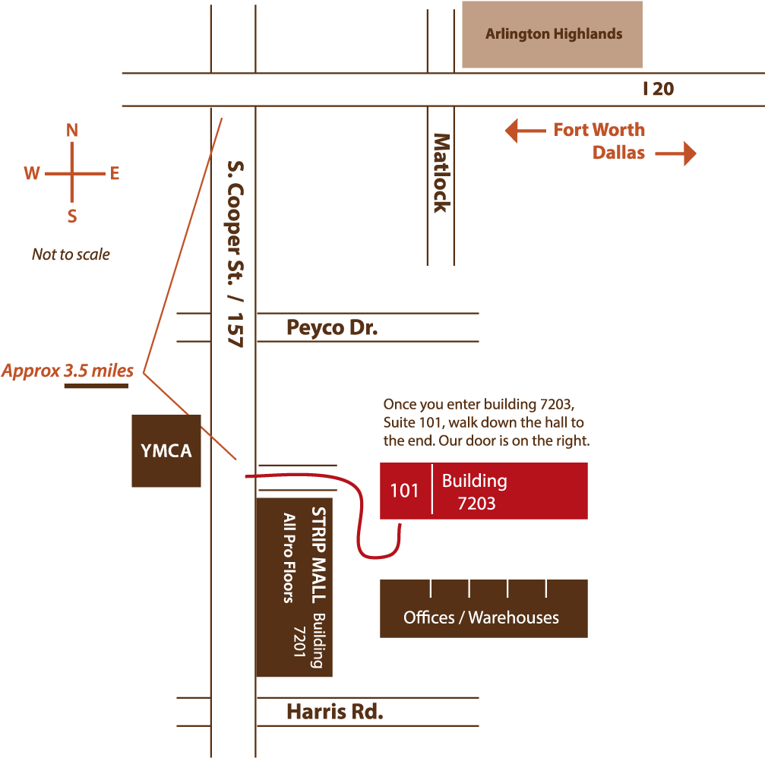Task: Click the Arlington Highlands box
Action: [x=552, y=34]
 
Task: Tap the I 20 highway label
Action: [x=658, y=89]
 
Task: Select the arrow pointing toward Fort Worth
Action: [x=525, y=131]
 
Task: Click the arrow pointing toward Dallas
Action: [x=675, y=153]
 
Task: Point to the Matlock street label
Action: [x=441, y=173]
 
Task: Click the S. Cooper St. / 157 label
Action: [x=236, y=254]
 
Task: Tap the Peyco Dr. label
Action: [x=332, y=327]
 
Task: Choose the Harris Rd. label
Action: [x=335, y=712]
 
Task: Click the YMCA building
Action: [x=166, y=450]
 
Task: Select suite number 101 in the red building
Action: [x=404, y=491]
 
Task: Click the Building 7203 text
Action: [x=475, y=491]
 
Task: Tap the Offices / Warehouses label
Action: [x=481, y=617]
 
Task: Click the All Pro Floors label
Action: [x=289, y=558]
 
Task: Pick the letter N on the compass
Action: [x=72, y=130]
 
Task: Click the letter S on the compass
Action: [x=72, y=216]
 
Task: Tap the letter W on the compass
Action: [x=32, y=173]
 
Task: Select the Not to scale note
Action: [x=71, y=254]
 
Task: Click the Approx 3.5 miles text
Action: [x=68, y=371]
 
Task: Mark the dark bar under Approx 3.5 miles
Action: [x=96, y=386]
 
